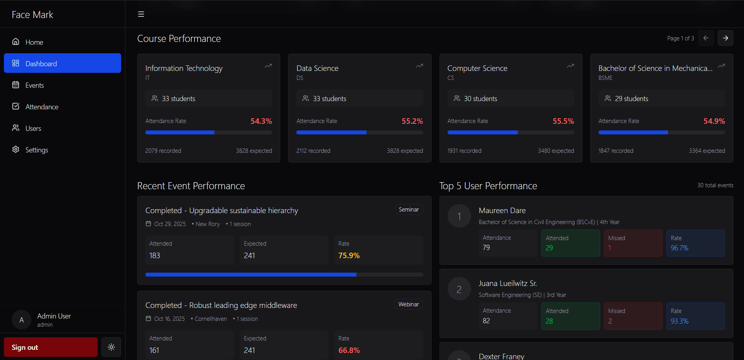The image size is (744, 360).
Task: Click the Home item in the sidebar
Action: (34, 42)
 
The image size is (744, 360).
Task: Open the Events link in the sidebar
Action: (34, 85)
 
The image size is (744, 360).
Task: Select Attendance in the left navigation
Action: (42, 107)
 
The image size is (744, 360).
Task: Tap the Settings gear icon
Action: (16, 150)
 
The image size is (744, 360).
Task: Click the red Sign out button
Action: (51, 347)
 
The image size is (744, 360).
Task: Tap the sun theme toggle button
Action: (111, 347)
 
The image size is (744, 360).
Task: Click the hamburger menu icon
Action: (141, 14)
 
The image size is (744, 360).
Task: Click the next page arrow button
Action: (725, 38)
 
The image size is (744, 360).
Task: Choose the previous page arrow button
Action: (706, 38)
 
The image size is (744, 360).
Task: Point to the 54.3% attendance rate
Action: (261, 121)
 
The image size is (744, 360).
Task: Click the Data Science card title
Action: (317, 68)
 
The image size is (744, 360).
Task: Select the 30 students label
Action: (480, 99)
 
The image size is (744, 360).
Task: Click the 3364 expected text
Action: (707, 151)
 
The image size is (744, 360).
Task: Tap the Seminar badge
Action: (408, 210)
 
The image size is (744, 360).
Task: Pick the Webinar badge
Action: (408, 304)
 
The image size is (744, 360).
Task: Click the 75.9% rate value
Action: (349, 255)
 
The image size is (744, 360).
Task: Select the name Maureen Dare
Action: (502, 210)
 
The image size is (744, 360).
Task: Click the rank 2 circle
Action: (459, 289)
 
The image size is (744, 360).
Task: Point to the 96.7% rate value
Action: (679, 248)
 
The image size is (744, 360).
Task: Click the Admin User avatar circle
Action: (22, 320)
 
